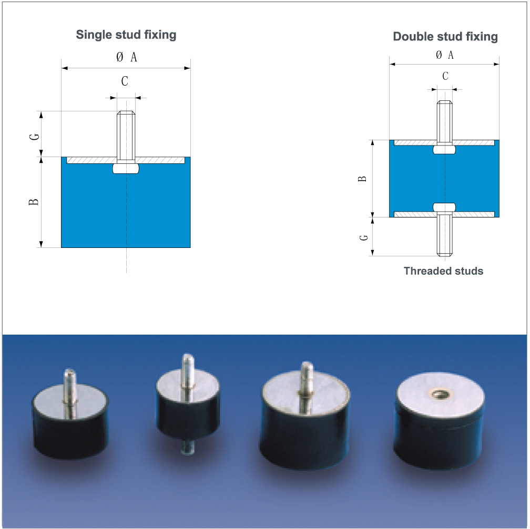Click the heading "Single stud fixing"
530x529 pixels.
[x=126, y=35]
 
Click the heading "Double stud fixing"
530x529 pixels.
[x=445, y=36]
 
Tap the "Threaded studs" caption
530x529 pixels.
[x=443, y=271]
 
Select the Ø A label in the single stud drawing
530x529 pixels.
[x=127, y=57]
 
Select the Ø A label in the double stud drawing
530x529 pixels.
[x=445, y=55]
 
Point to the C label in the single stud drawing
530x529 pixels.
[x=125, y=81]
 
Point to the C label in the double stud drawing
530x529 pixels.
[x=445, y=76]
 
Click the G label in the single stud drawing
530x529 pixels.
[x=35, y=137]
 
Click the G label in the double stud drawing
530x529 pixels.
[x=364, y=237]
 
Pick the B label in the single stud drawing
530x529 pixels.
[x=34, y=202]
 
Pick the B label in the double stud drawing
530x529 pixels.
[x=362, y=179]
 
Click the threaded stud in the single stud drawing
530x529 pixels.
[x=126, y=136]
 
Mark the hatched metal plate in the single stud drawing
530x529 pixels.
[x=126, y=160]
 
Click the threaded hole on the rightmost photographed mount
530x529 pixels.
[x=439, y=393]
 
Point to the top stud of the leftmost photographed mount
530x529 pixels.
[x=70, y=386]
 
